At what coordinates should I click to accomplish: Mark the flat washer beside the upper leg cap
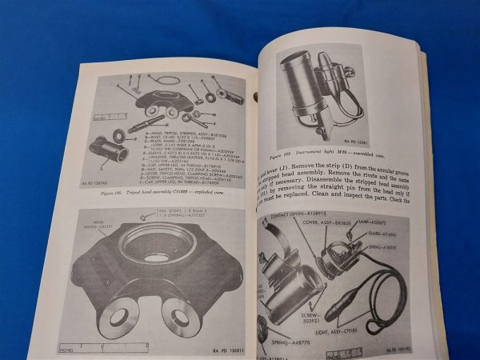pyautogui.click(x=119, y=133)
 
